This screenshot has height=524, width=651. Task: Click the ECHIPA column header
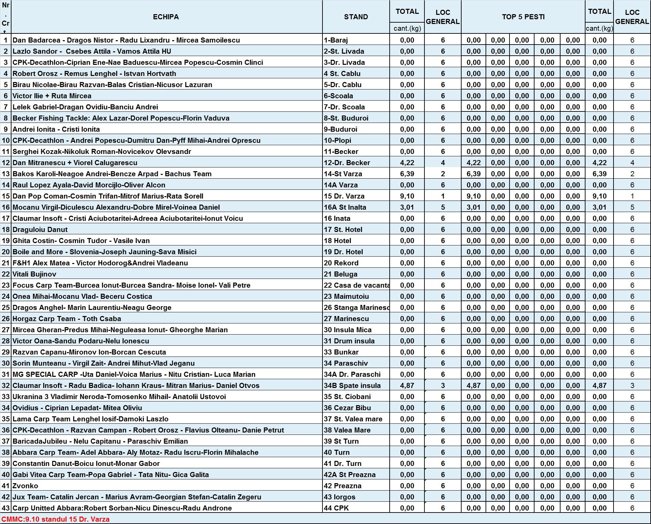pyautogui.click(x=166, y=17)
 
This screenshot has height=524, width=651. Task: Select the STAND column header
pyautogui.click(x=356, y=17)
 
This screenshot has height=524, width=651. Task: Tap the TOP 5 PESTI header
pyautogui.click(x=523, y=17)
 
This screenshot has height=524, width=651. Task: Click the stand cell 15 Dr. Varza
pyautogui.click(x=344, y=196)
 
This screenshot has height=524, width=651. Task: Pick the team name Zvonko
pyautogui.click(x=25, y=486)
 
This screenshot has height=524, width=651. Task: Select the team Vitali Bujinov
pyautogui.click(x=34, y=274)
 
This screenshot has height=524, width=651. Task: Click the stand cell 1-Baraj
pyautogui.click(x=336, y=40)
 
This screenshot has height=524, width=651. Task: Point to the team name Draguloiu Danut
pyautogui.click(x=40, y=230)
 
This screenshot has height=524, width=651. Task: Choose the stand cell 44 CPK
pyautogui.click(x=336, y=508)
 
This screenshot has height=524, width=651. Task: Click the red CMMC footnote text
pyautogui.click(x=55, y=519)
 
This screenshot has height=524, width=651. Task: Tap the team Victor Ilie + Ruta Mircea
pyautogui.click(x=52, y=96)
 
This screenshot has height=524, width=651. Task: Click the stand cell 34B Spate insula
pyautogui.click(x=352, y=386)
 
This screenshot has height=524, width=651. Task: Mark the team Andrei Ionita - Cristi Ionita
pyautogui.click(x=56, y=129)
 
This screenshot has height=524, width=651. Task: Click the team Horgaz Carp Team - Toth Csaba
pyautogui.click(x=67, y=319)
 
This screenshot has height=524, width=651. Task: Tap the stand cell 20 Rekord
pyautogui.click(x=341, y=263)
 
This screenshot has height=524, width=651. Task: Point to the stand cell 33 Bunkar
pyautogui.click(x=341, y=352)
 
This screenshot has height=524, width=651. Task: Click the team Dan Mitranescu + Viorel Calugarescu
pyautogui.click(x=75, y=163)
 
